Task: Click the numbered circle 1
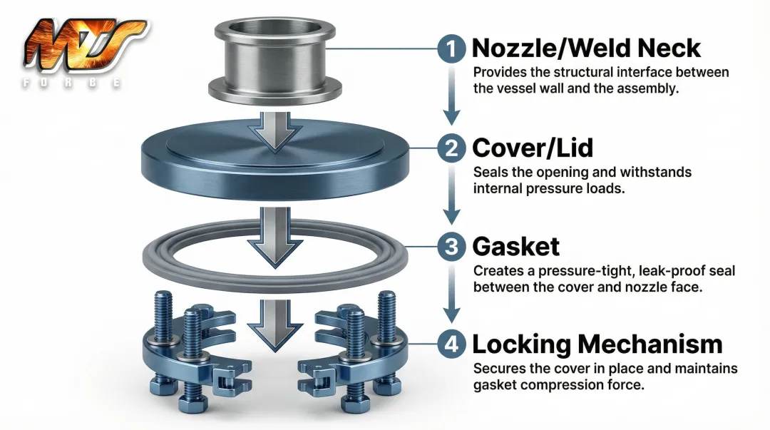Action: point(451,49)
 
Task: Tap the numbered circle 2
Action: point(451,148)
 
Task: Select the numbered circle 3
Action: point(451,247)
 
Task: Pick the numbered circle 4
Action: point(451,344)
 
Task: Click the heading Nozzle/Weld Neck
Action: point(586,48)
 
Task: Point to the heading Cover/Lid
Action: point(533,148)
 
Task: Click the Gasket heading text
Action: point(515,247)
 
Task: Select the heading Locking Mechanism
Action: point(597,344)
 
